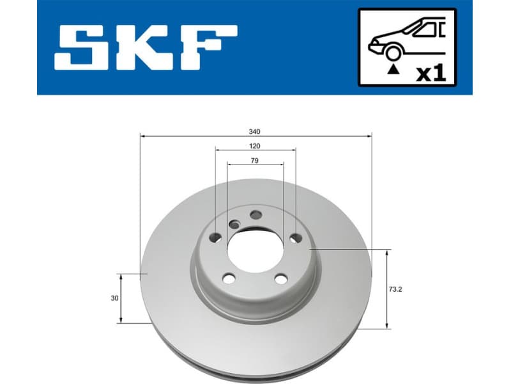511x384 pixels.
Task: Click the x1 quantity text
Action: (x=431, y=73)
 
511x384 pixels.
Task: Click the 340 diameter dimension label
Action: (x=255, y=131)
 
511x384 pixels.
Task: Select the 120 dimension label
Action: (x=255, y=146)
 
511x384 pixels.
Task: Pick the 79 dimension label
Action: (x=255, y=161)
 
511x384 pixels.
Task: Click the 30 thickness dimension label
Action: (x=114, y=298)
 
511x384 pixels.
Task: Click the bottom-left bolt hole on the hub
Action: (x=228, y=278)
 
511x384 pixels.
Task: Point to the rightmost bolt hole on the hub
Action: (x=294, y=238)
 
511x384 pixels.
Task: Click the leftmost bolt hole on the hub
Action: (x=215, y=238)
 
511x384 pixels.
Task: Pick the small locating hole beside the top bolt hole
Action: (x=235, y=224)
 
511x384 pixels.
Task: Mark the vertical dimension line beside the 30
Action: (x=121, y=298)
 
